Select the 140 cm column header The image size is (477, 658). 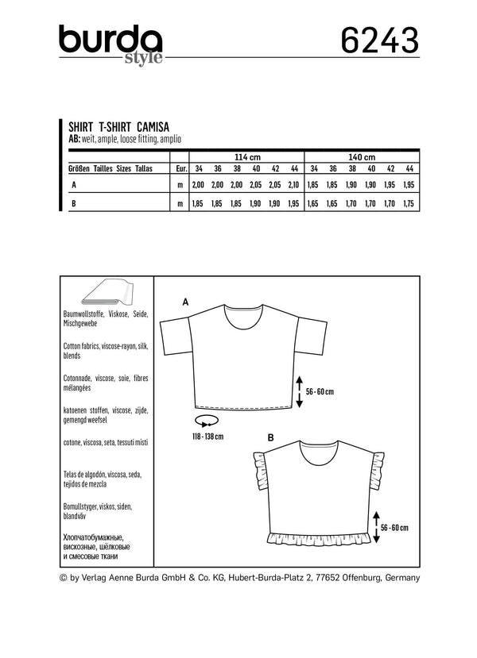[x=362, y=156]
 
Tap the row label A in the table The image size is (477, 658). [x=74, y=185]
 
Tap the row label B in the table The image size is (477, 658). [x=74, y=204]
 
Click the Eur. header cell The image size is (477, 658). [x=180, y=169]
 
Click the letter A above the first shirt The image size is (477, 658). [x=185, y=302]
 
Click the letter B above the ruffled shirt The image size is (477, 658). [x=271, y=437]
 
